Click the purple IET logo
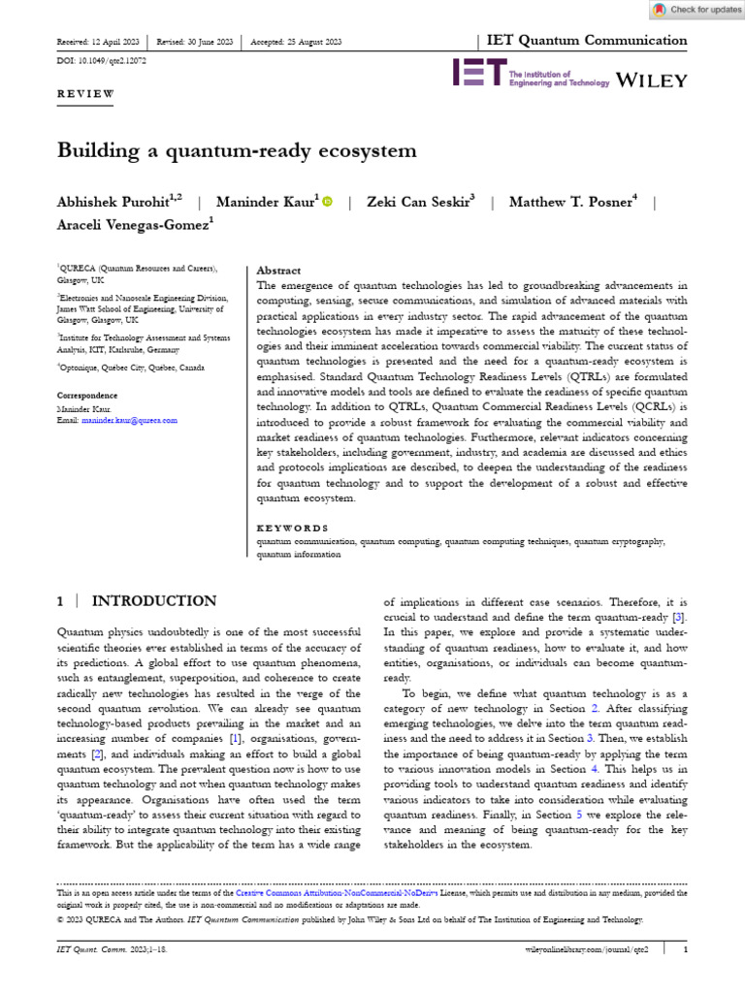point(478,74)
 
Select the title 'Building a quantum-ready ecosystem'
point(237,150)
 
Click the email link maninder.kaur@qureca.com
point(130,420)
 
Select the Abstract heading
point(278,271)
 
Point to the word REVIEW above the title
point(85,94)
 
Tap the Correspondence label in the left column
point(88,396)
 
